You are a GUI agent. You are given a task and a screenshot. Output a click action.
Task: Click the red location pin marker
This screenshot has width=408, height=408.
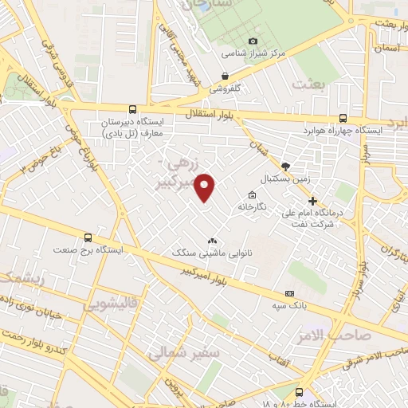tap(206, 188)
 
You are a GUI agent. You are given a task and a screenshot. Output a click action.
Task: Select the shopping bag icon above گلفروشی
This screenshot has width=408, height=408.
tap(226, 77)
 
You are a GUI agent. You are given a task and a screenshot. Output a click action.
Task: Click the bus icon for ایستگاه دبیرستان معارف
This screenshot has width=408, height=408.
tap(131, 110)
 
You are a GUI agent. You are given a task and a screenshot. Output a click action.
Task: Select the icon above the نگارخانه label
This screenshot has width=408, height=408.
tap(253, 195)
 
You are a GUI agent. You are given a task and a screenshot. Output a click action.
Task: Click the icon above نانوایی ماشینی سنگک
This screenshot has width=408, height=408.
tap(212, 240)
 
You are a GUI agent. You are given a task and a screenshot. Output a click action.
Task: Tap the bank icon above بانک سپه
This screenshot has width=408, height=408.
tap(289, 294)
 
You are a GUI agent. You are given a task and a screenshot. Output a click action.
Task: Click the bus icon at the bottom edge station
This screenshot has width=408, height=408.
tap(299, 392)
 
